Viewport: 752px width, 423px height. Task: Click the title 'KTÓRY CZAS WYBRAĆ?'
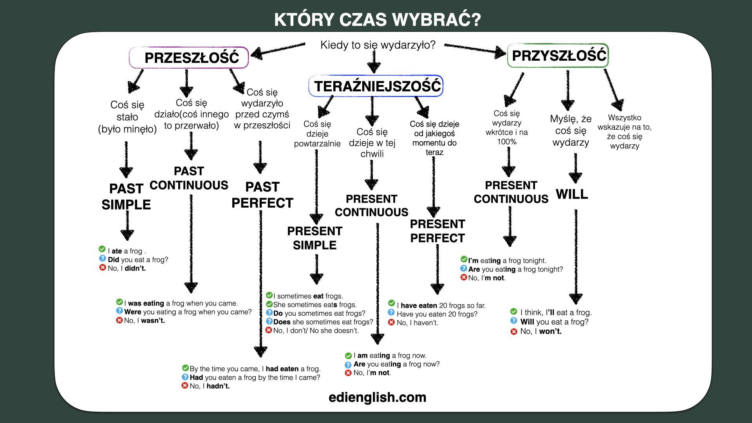377,20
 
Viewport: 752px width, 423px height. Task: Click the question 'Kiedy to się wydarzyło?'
378,45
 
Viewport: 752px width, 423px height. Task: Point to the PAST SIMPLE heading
126,197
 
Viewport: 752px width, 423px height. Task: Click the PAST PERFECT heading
262,195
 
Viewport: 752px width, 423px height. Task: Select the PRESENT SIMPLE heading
315,238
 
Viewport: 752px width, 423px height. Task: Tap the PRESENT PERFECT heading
437,231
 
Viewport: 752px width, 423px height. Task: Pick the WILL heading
572,194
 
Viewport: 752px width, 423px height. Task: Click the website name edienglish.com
377,397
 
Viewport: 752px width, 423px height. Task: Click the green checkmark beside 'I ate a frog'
102,249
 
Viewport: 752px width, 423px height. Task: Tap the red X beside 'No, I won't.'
514,332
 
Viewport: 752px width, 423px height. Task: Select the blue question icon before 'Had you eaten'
185,377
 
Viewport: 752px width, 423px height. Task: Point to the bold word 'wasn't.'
153,321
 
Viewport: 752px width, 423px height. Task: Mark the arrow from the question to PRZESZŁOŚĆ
278,51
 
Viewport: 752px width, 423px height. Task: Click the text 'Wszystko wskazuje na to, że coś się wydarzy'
625,132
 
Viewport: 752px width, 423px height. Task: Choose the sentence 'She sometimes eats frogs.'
315,305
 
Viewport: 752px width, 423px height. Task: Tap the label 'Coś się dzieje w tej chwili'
372,143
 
